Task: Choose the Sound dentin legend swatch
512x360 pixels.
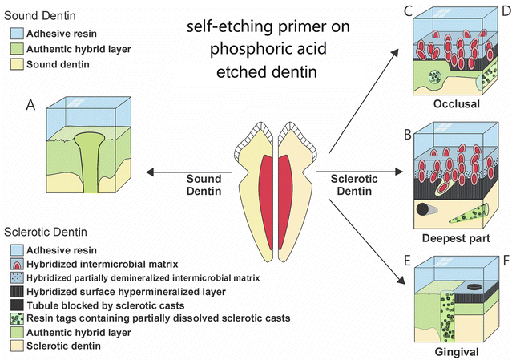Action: [x=15, y=64]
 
